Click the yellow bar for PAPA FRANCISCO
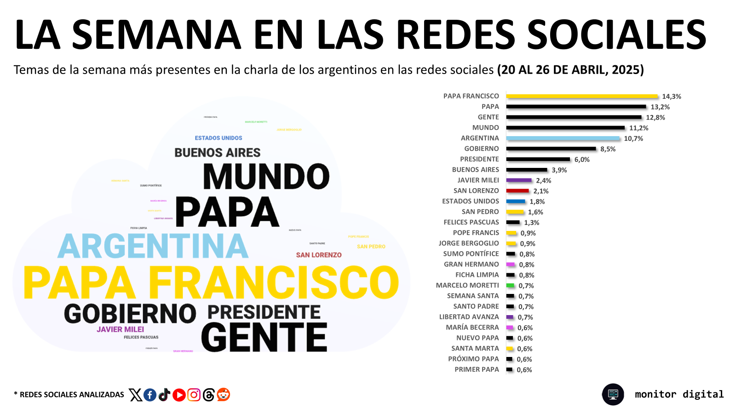582,96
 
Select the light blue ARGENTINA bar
563,138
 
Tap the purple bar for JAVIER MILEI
519,180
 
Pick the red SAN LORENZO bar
517,191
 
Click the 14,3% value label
671,97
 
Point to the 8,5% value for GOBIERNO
608,149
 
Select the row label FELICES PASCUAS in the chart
471,222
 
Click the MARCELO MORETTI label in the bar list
467,285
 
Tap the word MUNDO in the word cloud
266,177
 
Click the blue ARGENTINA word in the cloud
153,246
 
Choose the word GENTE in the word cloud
264,337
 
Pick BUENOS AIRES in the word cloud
217,153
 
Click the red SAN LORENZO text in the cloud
319,255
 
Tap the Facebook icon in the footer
150,395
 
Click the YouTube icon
179,395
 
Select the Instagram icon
194,395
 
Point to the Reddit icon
224,395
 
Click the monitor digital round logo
613,394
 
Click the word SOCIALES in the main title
616,34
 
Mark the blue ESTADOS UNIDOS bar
516,201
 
